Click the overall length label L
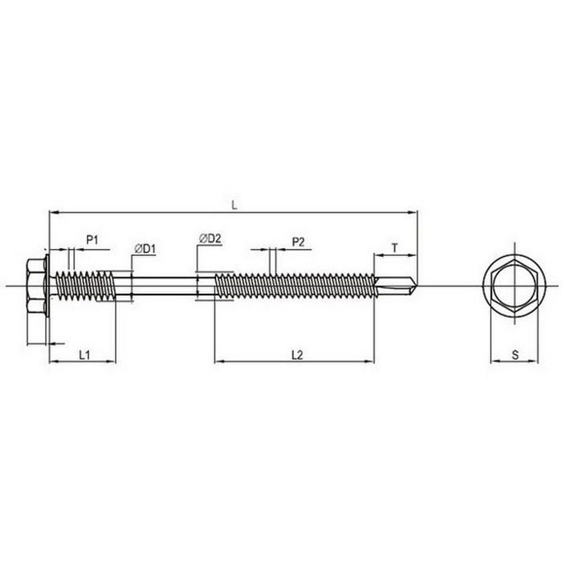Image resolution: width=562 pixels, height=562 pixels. [x=234, y=206]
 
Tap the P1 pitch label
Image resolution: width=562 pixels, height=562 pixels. [x=92, y=240]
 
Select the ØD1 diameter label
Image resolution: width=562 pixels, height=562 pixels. [x=145, y=249]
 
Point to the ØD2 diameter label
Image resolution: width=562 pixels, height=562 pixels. [x=210, y=238]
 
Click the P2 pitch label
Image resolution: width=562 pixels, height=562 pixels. [x=298, y=242]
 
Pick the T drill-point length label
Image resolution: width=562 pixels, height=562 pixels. [x=395, y=247]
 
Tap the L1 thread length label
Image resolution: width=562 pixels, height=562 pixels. [x=84, y=355]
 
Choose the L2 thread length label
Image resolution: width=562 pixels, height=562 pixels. [x=297, y=355]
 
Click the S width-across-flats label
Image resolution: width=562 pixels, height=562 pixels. [x=515, y=355]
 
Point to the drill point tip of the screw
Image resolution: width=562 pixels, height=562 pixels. [x=417, y=282]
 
